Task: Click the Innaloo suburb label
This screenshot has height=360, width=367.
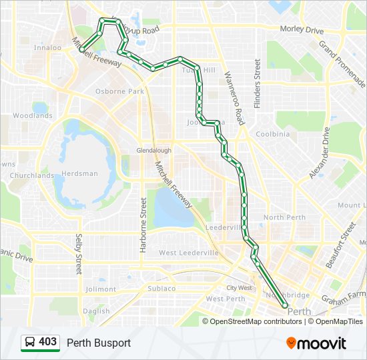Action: [x=47, y=48]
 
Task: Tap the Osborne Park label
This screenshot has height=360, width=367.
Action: [x=120, y=91]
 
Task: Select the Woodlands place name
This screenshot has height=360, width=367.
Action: [x=32, y=115]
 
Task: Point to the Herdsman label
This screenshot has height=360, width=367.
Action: [x=80, y=173]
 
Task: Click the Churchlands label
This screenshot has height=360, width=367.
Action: [x=32, y=176]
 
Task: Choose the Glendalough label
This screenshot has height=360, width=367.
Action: [x=153, y=151]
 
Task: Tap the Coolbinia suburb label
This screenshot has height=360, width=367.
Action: [x=272, y=133]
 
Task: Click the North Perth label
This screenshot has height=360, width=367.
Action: [x=284, y=217]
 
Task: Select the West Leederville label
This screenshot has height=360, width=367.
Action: [x=189, y=253]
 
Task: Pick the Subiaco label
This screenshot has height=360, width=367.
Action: [x=161, y=289]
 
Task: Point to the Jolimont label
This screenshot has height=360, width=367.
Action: [x=101, y=289]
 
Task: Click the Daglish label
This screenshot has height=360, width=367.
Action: [x=97, y=311]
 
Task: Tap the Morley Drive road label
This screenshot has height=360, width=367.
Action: [x=301, y=31]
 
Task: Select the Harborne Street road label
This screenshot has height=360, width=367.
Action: [x=143, y=224]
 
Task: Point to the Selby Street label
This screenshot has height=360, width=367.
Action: [x=79, y=254]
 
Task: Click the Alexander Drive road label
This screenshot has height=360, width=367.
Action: [x=319, y=153]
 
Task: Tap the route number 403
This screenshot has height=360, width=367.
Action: [x=47, y=342]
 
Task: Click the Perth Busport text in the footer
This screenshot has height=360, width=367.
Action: [x=99, y=343]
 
